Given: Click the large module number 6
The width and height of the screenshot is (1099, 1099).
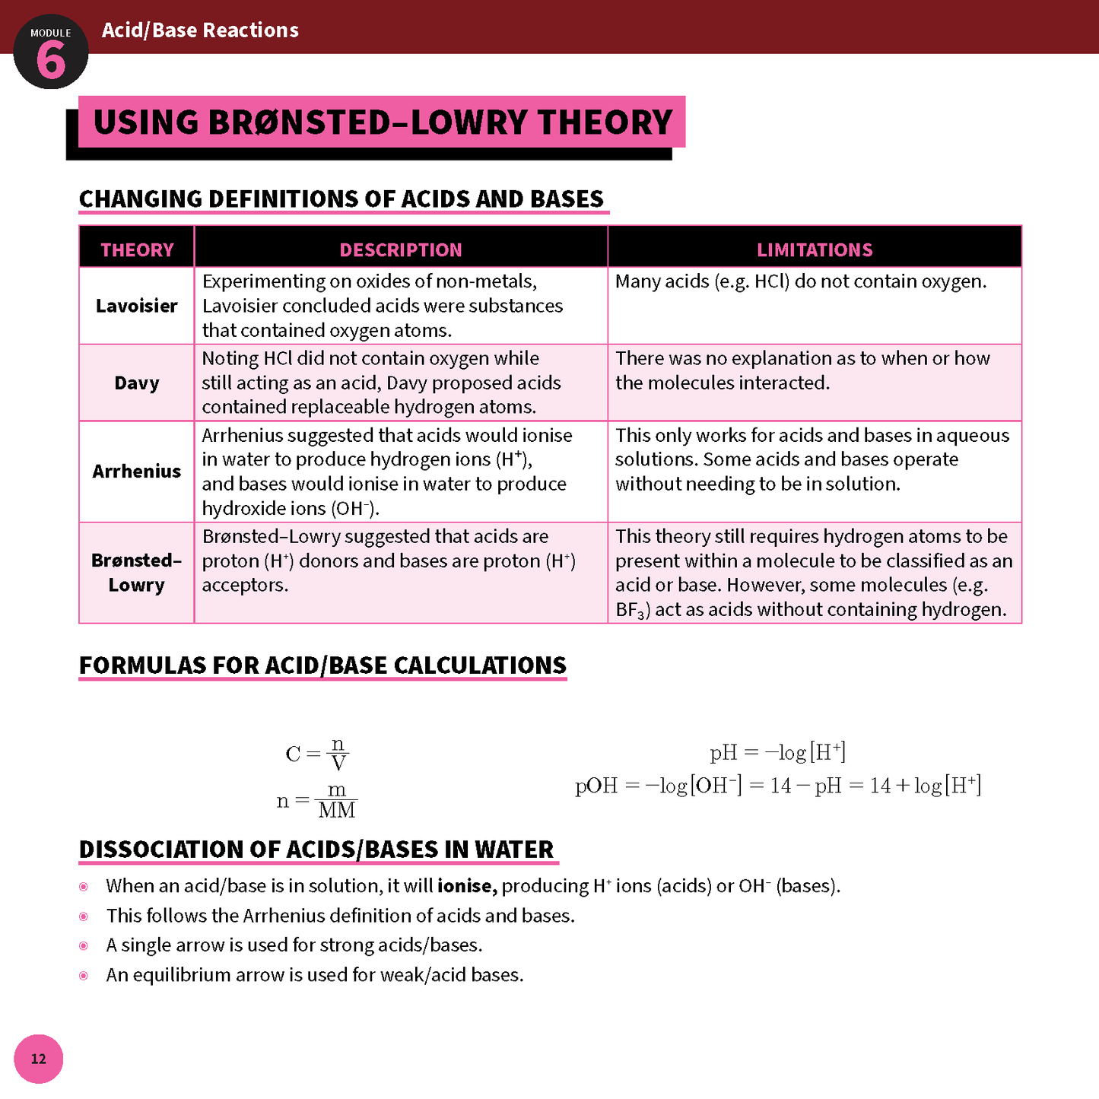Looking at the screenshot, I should pyautogui.click(x=51, y=60).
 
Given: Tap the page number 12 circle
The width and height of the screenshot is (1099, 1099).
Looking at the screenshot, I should pyautogui.click(x=38, y=1059).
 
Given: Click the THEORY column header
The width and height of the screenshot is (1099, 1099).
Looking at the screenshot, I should pyautogui.click(x=137, y=249).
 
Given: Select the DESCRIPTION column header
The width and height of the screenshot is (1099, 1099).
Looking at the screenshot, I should pyautogui.click(x=401, y=249).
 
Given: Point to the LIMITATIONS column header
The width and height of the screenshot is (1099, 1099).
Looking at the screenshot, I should pyautogui.click(x=815, y=249).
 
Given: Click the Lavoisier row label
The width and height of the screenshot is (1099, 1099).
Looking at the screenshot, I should pyautogui.click(x=137, y=306).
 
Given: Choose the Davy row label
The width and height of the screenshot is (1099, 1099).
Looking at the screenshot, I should pyautogui.click(x=137, y=383).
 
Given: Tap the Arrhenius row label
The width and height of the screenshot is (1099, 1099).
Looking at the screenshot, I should pyautogui.click(x=137, y=472).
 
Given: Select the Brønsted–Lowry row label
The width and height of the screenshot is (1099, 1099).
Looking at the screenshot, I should pyautogui.click(x=137, y=573).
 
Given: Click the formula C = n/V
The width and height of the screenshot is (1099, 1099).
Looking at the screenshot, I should pyautogui.click(x=317, y=754).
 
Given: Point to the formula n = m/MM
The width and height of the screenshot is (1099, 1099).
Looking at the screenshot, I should pyautogui.click(x=316, y=801).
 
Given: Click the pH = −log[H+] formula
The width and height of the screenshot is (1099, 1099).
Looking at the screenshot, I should pyautogui.click(x=777, y=753).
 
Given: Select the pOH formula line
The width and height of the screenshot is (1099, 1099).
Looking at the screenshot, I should pyautogui.click(x=777, y=786).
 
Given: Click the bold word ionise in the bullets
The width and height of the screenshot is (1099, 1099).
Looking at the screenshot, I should pyautogui.click(x=467, y=886).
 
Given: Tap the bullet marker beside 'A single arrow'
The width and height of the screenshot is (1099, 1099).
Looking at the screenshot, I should pyautogui.click(x=84, y=945).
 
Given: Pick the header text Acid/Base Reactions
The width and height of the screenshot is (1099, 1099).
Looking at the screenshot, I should pyautogui.click(x=200, y=30).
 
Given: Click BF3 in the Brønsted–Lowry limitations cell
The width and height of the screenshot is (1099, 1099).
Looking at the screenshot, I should pyautogui.click(x=631, y=610).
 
